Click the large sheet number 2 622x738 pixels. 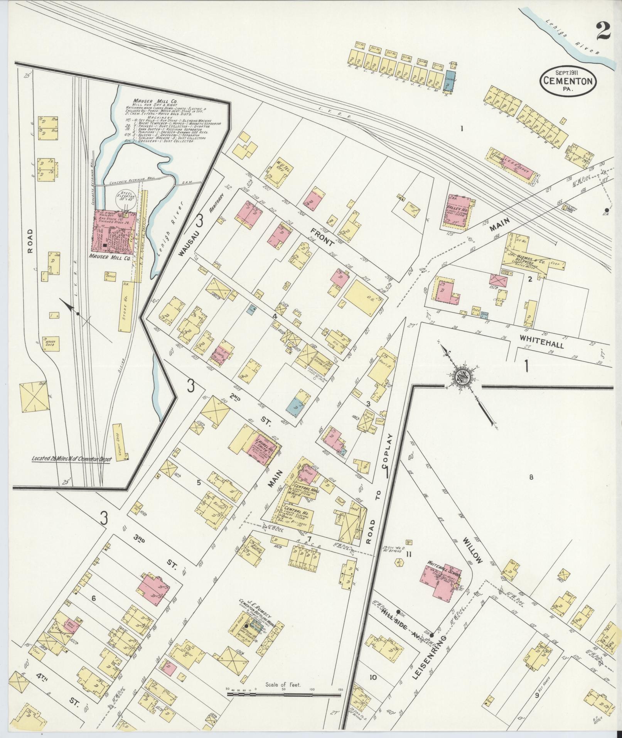602,30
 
